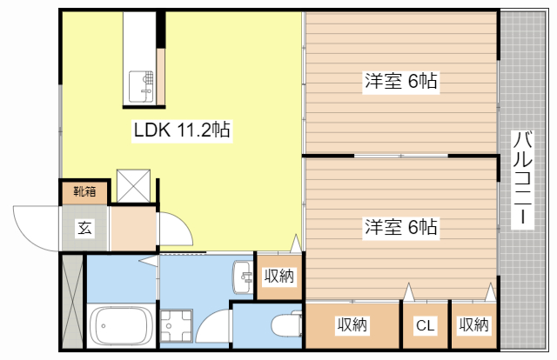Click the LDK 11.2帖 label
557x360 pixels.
[x=181, y=131]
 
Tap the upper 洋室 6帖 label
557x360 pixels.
[x=400, y=83]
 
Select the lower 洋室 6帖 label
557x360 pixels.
[x=400, y=228]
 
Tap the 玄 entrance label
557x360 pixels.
[x=84, y=229]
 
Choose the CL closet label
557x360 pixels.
[x=425, y=326]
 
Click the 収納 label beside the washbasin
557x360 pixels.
[x=278, y=277]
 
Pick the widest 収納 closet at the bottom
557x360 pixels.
[x=352, y=325]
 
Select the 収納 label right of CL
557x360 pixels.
[x=473, y=325]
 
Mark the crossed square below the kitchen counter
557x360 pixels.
[x=135, y=183]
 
